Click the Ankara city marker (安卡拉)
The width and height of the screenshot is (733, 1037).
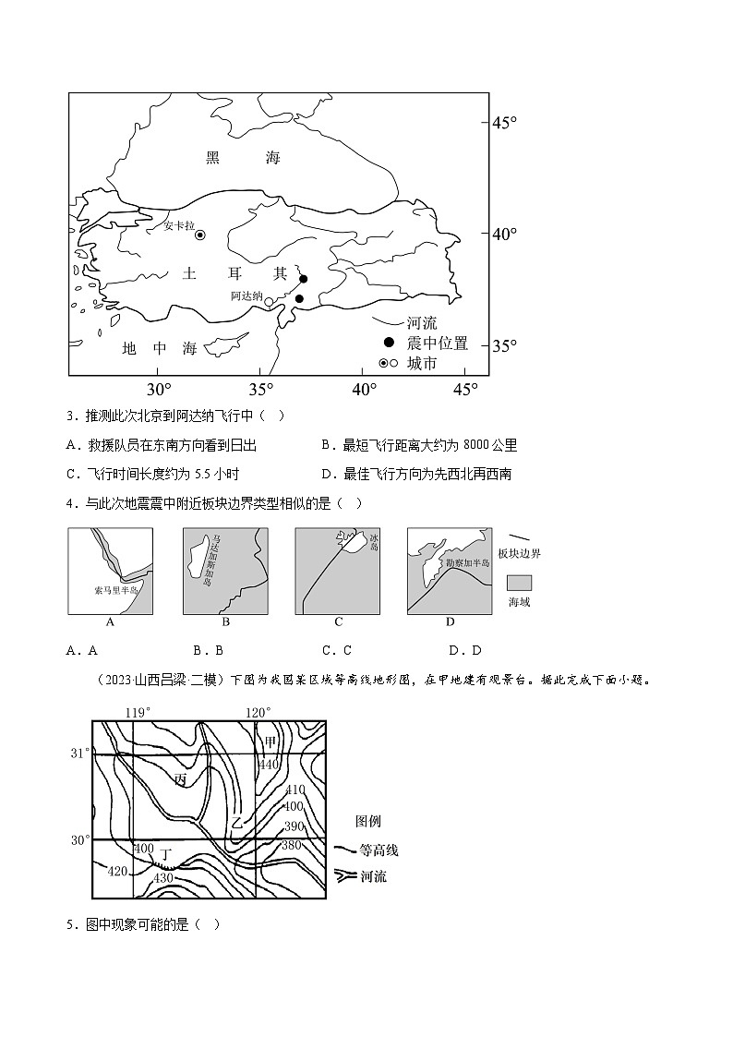tap(200, 235)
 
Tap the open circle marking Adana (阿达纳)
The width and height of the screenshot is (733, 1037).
tap(269, 301)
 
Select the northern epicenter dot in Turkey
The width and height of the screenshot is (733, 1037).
tap(303, 279)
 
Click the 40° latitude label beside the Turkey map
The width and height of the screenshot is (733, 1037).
tap(504, 235)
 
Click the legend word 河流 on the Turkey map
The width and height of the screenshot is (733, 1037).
tap(422, 323)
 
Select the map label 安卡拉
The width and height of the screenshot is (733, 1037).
tap(179, 225)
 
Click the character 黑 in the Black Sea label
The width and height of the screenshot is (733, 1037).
tap(213, 158)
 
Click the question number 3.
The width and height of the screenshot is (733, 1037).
tap(71, 417)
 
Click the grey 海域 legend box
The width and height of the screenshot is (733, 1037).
tap(520, 582)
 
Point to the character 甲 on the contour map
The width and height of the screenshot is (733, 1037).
tap(270, 742)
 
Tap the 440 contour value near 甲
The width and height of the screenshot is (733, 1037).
tap(269, 765)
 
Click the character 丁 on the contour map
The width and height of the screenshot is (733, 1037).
tap(165, 855)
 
